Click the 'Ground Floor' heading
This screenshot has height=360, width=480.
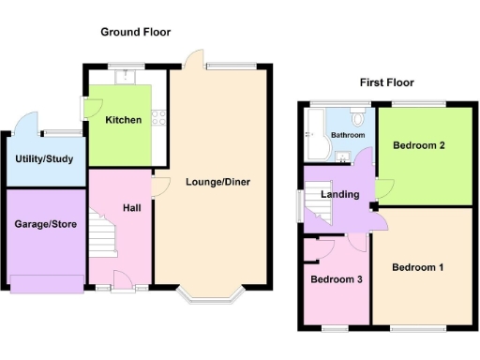[x=136, y=31]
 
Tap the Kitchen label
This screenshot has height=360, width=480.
[x=124, y=120]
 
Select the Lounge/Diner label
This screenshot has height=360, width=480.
[x=218, y=182]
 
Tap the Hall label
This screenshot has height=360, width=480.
[x=132, y=207]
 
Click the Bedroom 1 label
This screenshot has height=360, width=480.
[x=418, y=268]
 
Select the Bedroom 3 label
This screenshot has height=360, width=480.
[x=337, y=280]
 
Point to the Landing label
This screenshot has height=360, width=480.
[x=339, y=195]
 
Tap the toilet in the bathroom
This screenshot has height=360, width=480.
[x=358, y=118]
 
